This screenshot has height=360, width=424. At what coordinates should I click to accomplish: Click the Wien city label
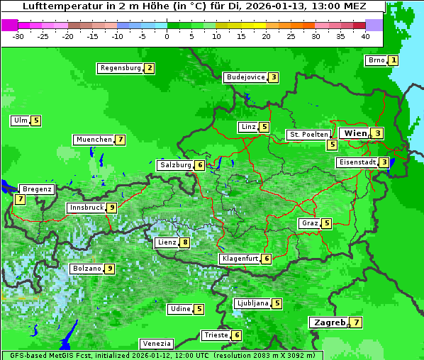pos(355,133)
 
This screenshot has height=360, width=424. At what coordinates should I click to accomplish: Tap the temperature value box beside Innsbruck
pos(112,208)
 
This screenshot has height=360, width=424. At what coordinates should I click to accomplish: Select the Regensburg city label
pos(120,68)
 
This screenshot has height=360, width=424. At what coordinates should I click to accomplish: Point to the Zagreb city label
pos(328,322)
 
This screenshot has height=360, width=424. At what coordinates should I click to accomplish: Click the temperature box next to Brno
pos(394,60)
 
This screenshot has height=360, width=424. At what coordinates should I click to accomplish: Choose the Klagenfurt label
pos(239,259)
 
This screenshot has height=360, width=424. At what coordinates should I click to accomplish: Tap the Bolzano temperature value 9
pos(109,269)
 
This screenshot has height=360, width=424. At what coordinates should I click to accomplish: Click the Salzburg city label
pos(175,165)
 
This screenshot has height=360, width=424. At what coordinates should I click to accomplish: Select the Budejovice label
pos(245,77)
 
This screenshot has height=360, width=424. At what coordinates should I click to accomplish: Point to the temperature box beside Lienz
pos(185,242)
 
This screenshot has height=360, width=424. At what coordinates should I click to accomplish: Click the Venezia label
pos(156,344)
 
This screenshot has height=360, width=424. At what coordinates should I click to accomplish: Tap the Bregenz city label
pos(36,189)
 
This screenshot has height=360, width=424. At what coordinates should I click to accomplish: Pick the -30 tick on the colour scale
pos(18,36)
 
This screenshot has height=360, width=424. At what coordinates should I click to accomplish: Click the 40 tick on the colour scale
pos(365,36)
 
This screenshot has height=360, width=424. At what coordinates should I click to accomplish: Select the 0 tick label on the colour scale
pos(167,36)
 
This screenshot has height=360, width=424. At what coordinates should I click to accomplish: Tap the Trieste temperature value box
pos(237,335)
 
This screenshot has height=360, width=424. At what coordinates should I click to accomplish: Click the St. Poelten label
pos(308,134)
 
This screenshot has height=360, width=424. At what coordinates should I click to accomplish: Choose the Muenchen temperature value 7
pos(121,140)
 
